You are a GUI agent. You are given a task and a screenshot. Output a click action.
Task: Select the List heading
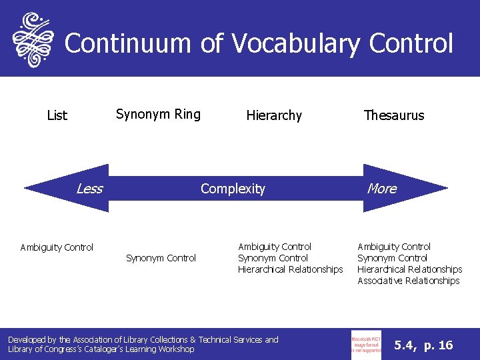[x=57, y=115]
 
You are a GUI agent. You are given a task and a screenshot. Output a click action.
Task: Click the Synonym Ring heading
[x=158, y=114]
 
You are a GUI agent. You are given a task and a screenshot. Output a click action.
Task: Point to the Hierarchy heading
[x=274, y=115]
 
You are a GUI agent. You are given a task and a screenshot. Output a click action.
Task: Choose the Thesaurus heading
[x=393, y=115]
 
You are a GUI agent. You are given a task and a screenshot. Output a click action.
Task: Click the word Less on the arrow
[x=89, y=189]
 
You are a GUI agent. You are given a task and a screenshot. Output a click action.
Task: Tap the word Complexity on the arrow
[x=233, y=189]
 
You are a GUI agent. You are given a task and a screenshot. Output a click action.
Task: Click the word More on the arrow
[x=382, y=189]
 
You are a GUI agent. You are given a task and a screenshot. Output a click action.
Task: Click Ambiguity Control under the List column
[x=57, y=247]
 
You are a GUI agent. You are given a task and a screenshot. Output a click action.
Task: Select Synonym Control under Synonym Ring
[x=161, y=258]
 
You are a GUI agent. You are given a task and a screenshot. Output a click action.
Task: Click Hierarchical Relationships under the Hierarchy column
[x=290, y=269]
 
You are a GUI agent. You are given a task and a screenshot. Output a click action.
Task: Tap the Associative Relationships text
[x=408, y=281]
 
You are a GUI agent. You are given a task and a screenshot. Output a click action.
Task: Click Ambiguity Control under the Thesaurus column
[x=394, y=247]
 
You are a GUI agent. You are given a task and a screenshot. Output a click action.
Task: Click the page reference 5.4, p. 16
[x=423, y=345]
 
